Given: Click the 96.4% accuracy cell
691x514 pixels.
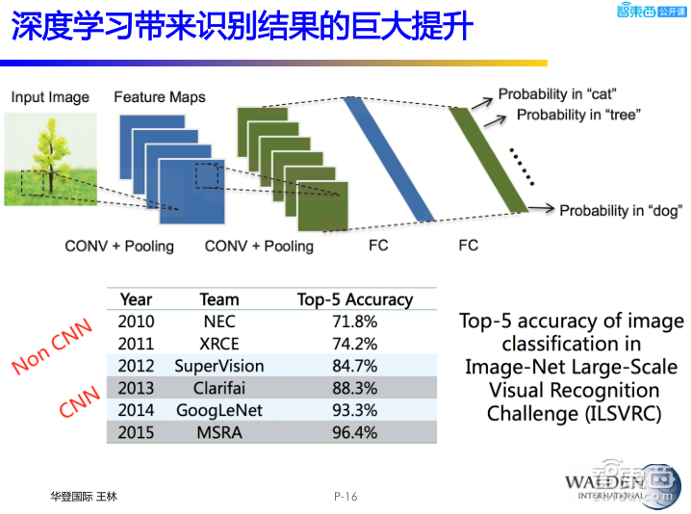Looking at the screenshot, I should click(x=354, y=432).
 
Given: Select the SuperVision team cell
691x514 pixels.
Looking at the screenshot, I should click(x=218, y=366).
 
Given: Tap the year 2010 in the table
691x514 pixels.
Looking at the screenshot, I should click(x=136, y=321).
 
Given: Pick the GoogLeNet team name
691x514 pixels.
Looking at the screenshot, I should click(x=218, y=410).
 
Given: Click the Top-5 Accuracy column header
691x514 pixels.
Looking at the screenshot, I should click(x=354, y=299).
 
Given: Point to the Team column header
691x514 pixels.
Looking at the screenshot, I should click(x=218, y=299).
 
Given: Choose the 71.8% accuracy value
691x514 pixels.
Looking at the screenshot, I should click(x=354, y=321).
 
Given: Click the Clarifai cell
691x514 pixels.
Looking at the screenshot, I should click(x=218, y=388).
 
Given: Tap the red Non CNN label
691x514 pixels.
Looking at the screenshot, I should click(x=52, y=347).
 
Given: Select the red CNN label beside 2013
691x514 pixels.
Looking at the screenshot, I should click(x=80, y=398).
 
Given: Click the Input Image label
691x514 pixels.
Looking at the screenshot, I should click(x=50, y=97).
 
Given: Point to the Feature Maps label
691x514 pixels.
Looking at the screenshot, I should click(x=159, y=97).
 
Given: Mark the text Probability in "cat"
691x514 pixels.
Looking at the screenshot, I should click(x=557, y=94).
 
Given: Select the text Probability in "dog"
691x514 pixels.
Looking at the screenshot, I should click(x=616, y=210).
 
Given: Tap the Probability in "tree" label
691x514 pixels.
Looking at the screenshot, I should click(x=578, y=115).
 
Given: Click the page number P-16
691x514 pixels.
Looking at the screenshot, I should click(x=345, y=497).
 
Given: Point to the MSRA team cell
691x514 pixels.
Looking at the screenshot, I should click(x=218, y=432).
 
